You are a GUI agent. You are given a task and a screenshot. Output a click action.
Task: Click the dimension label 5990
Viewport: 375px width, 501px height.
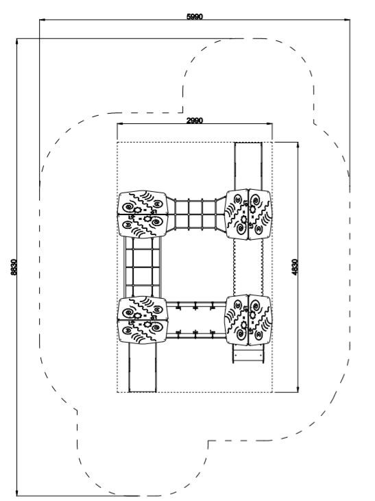click(x=195, y=16)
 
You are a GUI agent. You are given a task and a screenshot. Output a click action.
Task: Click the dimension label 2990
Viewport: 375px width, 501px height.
click(x=195, y=121)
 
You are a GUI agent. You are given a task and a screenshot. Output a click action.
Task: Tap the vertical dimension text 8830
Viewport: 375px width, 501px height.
click(x=14, y=267)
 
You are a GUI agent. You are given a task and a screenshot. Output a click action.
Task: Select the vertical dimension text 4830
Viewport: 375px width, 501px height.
click(x=295, y=267)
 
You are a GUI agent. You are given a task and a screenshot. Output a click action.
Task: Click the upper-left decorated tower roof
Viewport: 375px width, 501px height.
click(x=143, y=215)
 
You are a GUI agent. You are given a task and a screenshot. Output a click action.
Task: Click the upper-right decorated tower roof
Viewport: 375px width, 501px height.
click(x=248, y=214)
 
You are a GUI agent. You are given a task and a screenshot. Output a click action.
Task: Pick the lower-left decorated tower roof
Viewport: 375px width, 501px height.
click(x=143, y=320)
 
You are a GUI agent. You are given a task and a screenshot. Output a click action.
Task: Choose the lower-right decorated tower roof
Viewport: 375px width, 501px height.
click(x=248, y=320)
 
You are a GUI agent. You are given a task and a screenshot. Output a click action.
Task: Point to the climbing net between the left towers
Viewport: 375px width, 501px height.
click(x=143, y=267)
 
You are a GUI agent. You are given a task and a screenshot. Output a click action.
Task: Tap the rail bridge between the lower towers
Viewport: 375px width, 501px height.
click(x=195, y=320)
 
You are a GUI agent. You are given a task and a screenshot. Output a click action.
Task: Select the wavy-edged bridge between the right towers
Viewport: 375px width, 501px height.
click(x=248, y=267)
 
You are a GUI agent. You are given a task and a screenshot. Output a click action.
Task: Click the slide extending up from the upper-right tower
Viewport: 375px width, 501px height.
click(x=248, y=166)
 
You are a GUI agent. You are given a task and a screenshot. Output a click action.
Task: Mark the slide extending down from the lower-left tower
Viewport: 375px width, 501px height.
click(x=143, y=367)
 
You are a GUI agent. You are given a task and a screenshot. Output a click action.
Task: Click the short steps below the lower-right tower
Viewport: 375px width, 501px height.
click(x=248, y=354)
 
